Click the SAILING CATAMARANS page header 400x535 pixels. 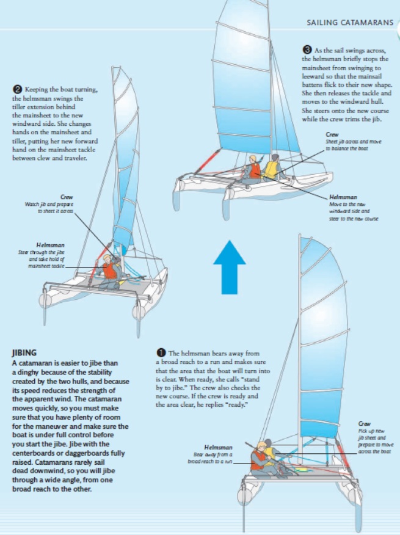349,23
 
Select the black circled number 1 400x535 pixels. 161,353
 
